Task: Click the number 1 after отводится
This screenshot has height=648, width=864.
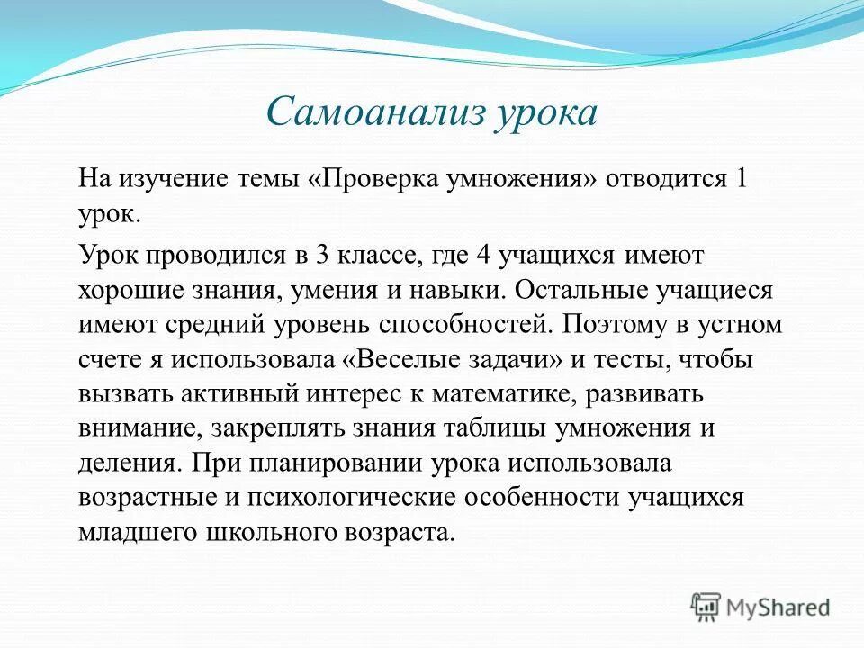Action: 767,177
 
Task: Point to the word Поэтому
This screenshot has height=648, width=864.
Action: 611,324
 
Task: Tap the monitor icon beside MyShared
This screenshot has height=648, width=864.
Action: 706,607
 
